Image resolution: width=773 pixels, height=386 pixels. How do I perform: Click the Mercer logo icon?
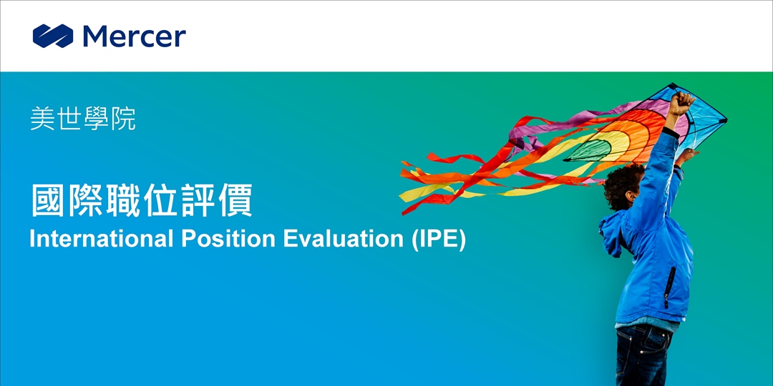(53, 36)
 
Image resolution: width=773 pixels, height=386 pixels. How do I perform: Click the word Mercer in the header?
(134, 36)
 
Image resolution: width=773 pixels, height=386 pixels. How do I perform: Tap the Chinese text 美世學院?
(83, 119)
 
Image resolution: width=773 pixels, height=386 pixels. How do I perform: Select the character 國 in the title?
(49, 200)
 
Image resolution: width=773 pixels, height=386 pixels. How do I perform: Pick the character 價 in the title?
(235, 200)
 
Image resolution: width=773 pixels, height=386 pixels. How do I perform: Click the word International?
(101, 239)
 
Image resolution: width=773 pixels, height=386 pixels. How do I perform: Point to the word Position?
(228, 239)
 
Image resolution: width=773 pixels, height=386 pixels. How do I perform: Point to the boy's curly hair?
(622, 184)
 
